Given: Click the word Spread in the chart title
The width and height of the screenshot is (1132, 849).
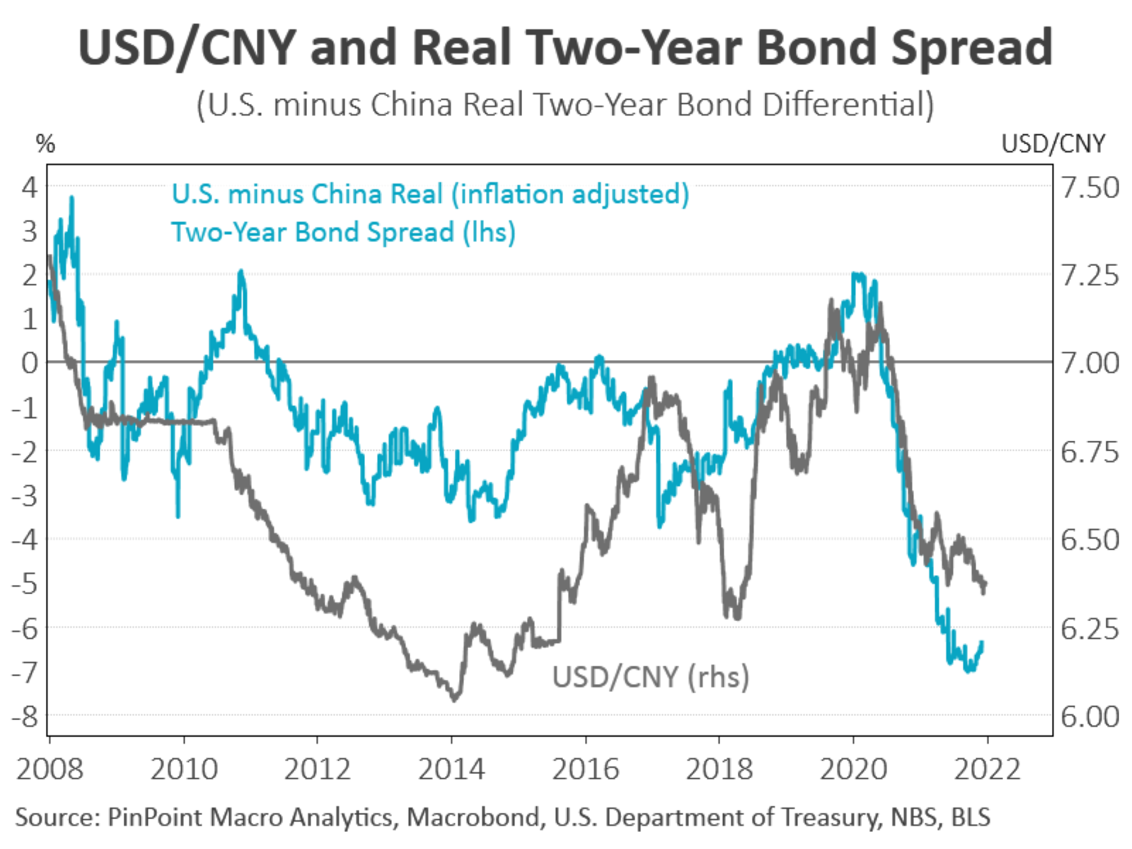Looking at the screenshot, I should tap(972, 48).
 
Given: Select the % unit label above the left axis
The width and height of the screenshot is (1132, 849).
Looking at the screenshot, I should tap(45, 145).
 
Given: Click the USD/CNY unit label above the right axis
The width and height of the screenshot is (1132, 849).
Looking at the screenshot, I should tap(1053, 144).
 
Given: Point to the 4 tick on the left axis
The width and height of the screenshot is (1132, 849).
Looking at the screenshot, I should tap(29, 187).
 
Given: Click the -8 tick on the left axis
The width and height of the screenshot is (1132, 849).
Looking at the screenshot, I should tap(26, 716).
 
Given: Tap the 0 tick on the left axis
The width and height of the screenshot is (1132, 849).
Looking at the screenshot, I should tap(29, 363).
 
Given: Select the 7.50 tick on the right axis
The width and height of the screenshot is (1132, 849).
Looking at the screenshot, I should tap(1090, 187).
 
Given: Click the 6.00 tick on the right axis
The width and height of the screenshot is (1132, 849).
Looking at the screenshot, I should tap(1090, 716).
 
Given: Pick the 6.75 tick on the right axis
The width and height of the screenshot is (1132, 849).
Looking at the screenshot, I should tap(1090, 452).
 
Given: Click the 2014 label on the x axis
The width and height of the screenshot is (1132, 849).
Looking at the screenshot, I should tap(451, 769).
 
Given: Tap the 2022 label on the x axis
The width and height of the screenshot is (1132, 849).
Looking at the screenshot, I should tap(987, 769).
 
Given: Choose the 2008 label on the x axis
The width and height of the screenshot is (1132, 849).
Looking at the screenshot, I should tap(50, 769).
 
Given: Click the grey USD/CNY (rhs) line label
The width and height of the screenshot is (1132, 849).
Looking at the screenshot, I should tap(650, 677).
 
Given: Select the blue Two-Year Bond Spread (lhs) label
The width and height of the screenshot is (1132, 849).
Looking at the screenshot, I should tap(343, 232).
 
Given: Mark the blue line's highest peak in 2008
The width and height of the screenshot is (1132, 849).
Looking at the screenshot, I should tap(72, 197).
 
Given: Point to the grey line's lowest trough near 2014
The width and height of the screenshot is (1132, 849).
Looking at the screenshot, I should tap(454, 700).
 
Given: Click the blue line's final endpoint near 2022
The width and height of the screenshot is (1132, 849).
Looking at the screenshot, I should tap(982, 642).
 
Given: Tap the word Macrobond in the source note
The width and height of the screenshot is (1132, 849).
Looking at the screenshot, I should tap(472, 817).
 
